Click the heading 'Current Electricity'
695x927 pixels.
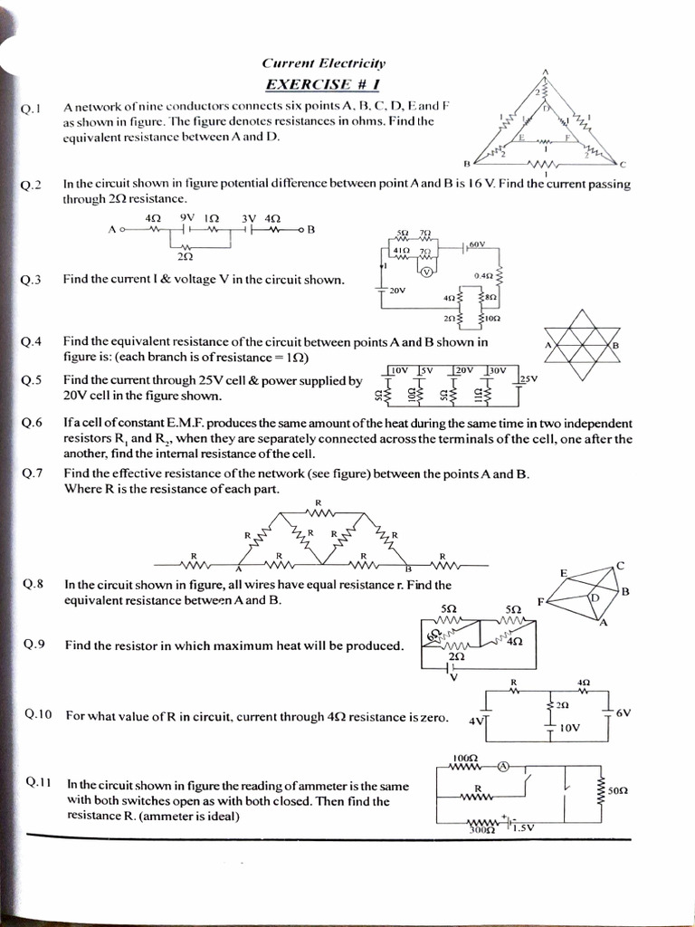coord(323,63)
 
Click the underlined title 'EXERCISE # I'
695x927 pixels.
coord(323,84)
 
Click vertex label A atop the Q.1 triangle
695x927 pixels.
coord(546,72)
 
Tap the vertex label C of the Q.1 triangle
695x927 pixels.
coord(623,164)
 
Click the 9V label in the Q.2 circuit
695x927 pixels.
coord(187,218)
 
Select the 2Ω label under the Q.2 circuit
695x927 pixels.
coord(185,257)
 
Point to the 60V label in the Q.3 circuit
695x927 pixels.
coord(478,244)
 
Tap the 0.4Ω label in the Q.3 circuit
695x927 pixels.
coord(483,275)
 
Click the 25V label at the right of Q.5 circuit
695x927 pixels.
coord(528,378)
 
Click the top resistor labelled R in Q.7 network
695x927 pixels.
coord(319,512)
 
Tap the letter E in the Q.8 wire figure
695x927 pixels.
coord(563,573)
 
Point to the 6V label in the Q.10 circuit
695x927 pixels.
coord(623,712)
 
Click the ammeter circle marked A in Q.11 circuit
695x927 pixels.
coord(503,766)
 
